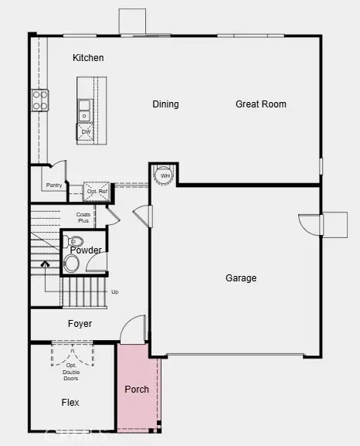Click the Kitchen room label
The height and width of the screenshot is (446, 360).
(x=88, y=58)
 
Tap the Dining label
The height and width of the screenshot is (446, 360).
(x=165, y=104)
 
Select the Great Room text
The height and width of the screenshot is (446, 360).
(x=260, y=104)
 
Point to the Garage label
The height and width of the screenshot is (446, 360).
(x=241, y=278)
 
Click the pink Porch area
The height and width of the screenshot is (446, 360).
(x=137, y=389)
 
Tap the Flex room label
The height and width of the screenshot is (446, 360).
(x=70, y=403)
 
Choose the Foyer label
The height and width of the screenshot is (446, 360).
(x=80, y=324)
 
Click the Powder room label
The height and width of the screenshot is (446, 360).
(x=86, y=250)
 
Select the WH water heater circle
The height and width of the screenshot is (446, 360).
(x=165, y=176)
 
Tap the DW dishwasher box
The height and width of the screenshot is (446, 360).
(x=86, y=132)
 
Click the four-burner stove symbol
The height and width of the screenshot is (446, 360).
(x=39, y=100)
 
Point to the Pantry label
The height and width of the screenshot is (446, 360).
(x=54, y=186)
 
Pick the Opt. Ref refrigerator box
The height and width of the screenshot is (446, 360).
(x=97, y=192)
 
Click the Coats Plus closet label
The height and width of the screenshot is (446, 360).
(x=84, y=218)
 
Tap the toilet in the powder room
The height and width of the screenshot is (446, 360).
(x=71, y=263)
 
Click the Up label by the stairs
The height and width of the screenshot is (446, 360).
(x=115, y=292)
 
